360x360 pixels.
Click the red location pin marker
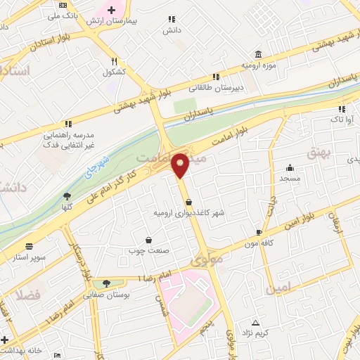pos(181,165)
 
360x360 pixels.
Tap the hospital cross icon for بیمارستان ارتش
pos(110,10)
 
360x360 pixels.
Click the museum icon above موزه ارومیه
pos(259,54)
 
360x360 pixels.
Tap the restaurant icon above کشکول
pos(114,61)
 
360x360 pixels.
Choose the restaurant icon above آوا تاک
pos(342,109)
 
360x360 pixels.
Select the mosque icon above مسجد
pos(290,168)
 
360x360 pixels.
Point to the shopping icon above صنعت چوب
pos(148,240)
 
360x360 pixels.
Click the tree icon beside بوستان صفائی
pos(105,283)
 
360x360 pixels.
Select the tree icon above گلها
pos(67,197)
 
